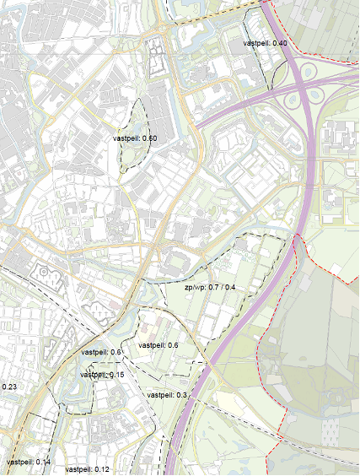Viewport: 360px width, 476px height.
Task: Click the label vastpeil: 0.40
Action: [265, 43]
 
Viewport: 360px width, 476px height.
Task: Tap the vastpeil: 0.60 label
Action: [134, 138]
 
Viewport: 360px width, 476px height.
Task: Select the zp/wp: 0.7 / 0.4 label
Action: [210, 288]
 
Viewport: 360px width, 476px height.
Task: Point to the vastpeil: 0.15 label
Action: [103, 374]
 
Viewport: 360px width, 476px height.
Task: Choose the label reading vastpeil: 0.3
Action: [167, 395]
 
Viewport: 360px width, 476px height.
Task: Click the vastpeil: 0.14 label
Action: [28, 462]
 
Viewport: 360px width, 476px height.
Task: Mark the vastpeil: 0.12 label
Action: [87, 468]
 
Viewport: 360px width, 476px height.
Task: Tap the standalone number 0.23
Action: [9, 387]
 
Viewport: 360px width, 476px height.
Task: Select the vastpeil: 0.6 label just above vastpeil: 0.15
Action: [102, 352]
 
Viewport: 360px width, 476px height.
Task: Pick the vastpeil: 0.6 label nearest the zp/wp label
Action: [158, 345]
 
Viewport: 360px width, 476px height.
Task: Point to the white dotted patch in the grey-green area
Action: [331, 430]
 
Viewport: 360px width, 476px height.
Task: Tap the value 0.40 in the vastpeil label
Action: [279, 43]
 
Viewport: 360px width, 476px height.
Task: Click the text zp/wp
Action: [195, 288]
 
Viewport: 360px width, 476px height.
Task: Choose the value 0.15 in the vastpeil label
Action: [116, 374]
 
